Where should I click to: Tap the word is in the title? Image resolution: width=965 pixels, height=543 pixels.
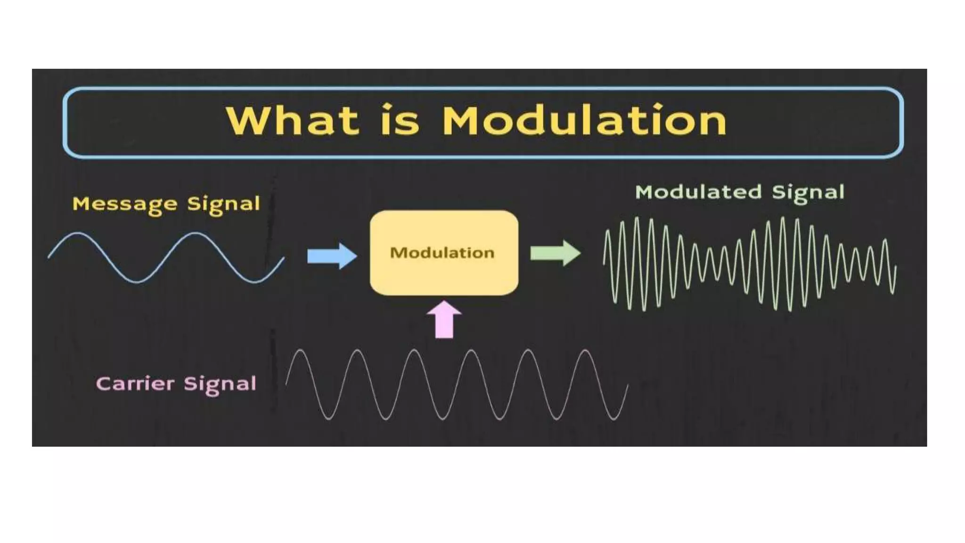400,121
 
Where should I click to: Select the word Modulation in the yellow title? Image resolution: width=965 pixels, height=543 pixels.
584,121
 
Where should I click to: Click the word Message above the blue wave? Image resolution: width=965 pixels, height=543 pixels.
125,204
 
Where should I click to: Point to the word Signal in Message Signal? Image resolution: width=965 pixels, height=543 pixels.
223,205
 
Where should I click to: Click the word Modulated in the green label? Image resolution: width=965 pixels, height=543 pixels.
698,192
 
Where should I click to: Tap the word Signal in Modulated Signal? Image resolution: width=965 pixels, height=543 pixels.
808,193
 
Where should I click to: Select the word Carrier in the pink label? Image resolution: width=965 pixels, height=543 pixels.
135,383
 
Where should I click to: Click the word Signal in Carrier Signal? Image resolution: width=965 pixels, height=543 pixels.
220,384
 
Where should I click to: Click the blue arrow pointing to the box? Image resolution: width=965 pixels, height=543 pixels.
332,256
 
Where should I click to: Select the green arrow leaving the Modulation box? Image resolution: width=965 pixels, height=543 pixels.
555,253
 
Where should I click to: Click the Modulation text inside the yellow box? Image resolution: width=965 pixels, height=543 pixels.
442,253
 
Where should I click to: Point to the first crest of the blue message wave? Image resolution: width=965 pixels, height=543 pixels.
78,233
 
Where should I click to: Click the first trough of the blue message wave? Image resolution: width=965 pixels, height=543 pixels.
137,282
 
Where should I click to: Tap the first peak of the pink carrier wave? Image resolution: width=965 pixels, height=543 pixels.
300,350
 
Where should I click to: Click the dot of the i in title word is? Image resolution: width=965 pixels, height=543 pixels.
387,106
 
